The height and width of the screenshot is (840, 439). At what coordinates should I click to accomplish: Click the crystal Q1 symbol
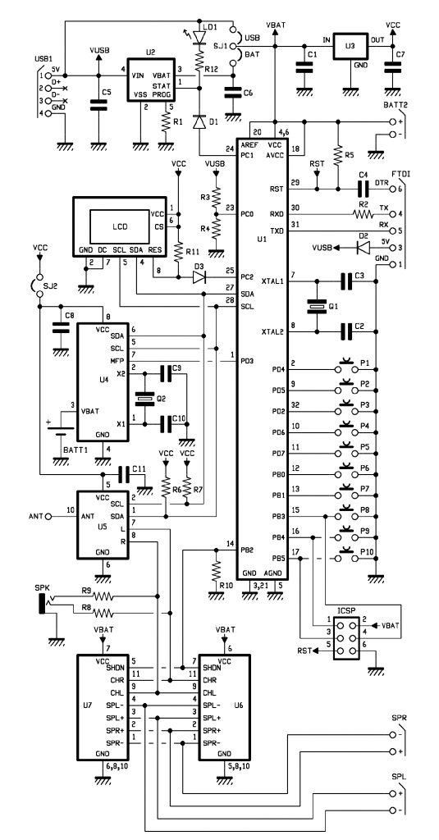click(315, 306)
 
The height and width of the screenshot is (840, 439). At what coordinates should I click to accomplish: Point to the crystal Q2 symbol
click(145, 400)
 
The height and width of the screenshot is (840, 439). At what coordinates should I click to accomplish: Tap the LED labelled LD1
click(198, 38)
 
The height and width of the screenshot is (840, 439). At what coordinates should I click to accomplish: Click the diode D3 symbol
click(198, 277)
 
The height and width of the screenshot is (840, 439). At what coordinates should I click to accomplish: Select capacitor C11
click(126, 474)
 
